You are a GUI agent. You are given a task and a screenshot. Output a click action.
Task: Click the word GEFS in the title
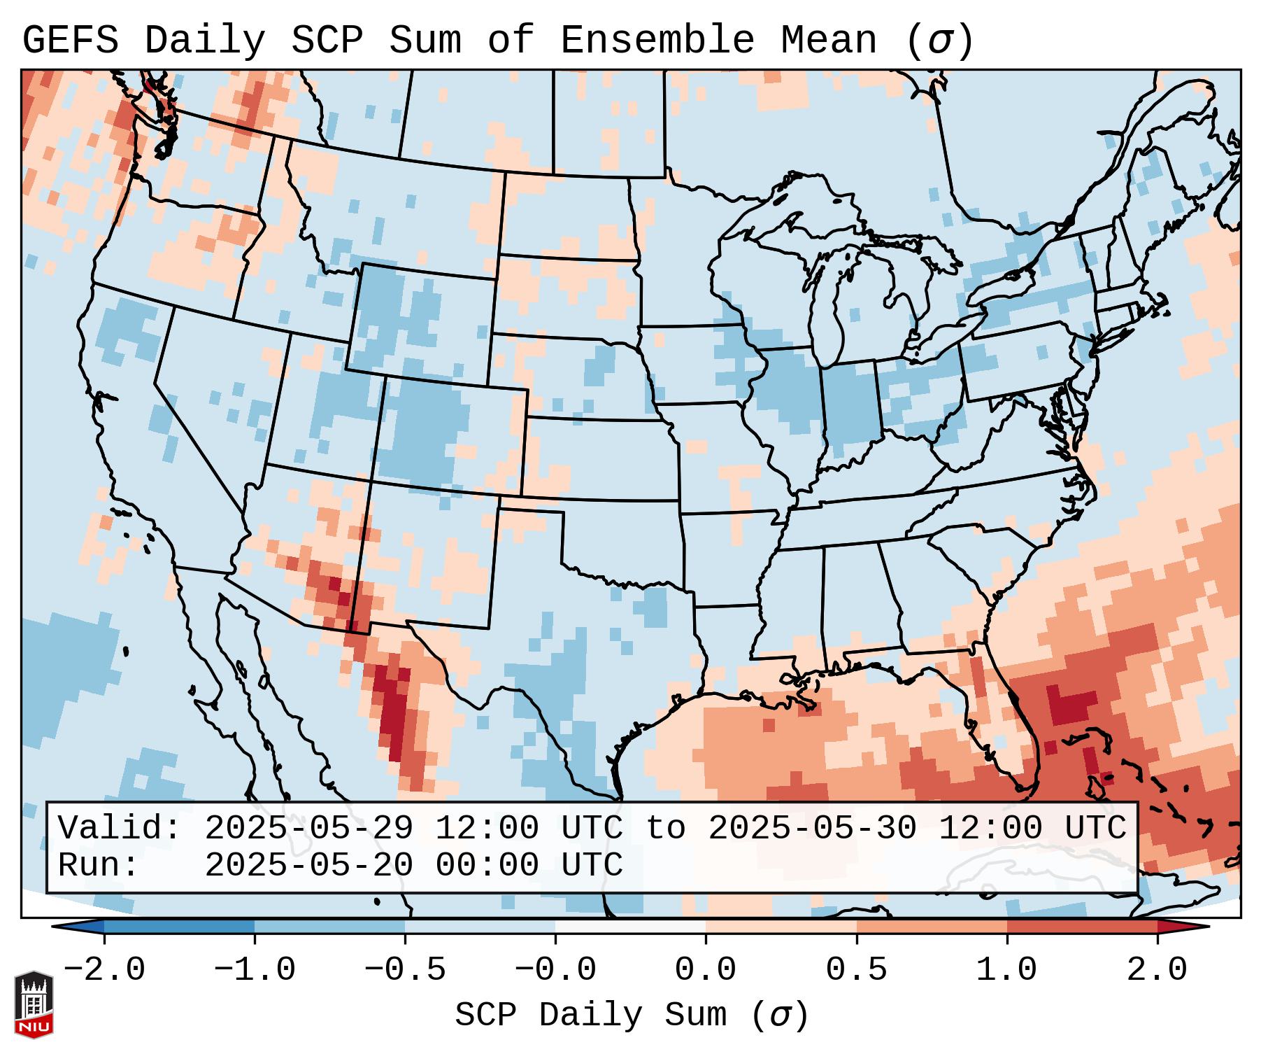click(70, 41)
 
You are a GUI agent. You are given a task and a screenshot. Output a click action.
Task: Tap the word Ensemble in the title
click(657, 41)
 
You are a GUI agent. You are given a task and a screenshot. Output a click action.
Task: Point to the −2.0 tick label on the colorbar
click(104, 970)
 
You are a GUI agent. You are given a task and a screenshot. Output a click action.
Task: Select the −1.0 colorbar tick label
click(255, 970)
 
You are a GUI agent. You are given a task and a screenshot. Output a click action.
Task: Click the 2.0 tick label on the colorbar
click(1157, 970)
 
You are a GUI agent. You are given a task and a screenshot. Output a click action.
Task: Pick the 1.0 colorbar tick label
click(1006, 970)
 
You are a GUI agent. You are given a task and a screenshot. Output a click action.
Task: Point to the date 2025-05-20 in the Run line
click(308, 865)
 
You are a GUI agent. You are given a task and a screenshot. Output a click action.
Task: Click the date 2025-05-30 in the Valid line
click(812, 828)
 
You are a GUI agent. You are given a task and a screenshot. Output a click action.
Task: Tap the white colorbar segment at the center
click(630, 926)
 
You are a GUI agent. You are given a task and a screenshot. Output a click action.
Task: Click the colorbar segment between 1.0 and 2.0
click(1082, 926)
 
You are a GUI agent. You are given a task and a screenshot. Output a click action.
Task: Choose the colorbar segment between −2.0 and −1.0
click(179, 926)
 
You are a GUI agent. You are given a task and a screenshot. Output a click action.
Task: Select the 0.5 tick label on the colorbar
click(856, 970)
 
